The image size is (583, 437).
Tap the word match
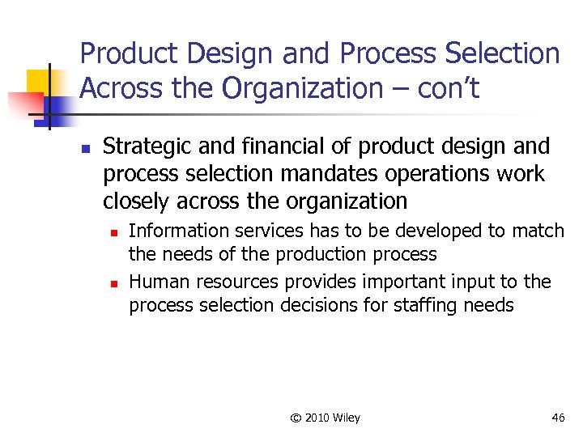pos(538,231)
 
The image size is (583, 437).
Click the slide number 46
pos(558,418)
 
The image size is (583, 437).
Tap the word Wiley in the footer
pos(345,418)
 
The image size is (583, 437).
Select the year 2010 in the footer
pos(316,418)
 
